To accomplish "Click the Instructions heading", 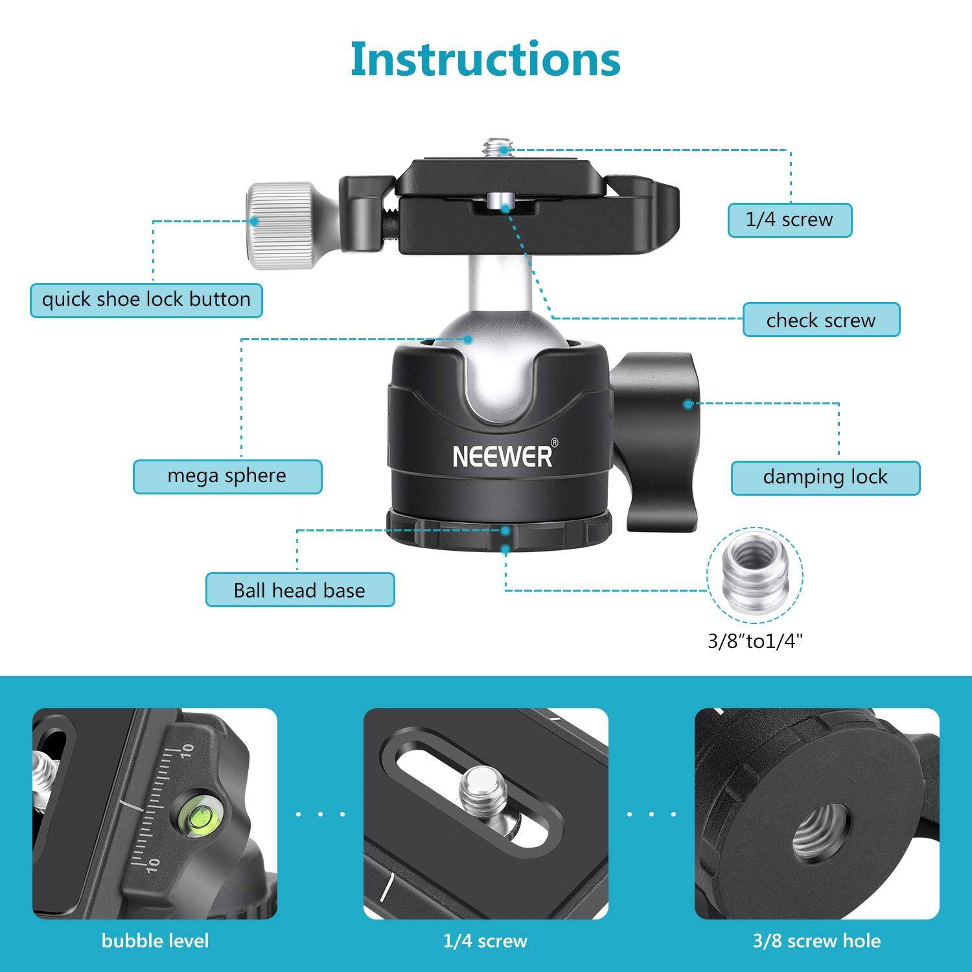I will coord(485,59).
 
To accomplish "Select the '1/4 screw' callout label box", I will coord(789,220).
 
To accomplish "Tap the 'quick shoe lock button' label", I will coord(146,300).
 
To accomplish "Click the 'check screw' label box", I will coord(821,320).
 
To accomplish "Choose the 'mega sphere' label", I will coord(227,476).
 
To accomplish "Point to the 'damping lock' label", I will coord(825,478).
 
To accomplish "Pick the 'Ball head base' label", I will coord(299,590).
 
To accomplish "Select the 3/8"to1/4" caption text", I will coord(755,642).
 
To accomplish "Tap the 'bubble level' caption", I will coord(155,941).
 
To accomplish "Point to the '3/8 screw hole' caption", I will coord(816,941).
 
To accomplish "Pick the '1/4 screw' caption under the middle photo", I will coord(485,941).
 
